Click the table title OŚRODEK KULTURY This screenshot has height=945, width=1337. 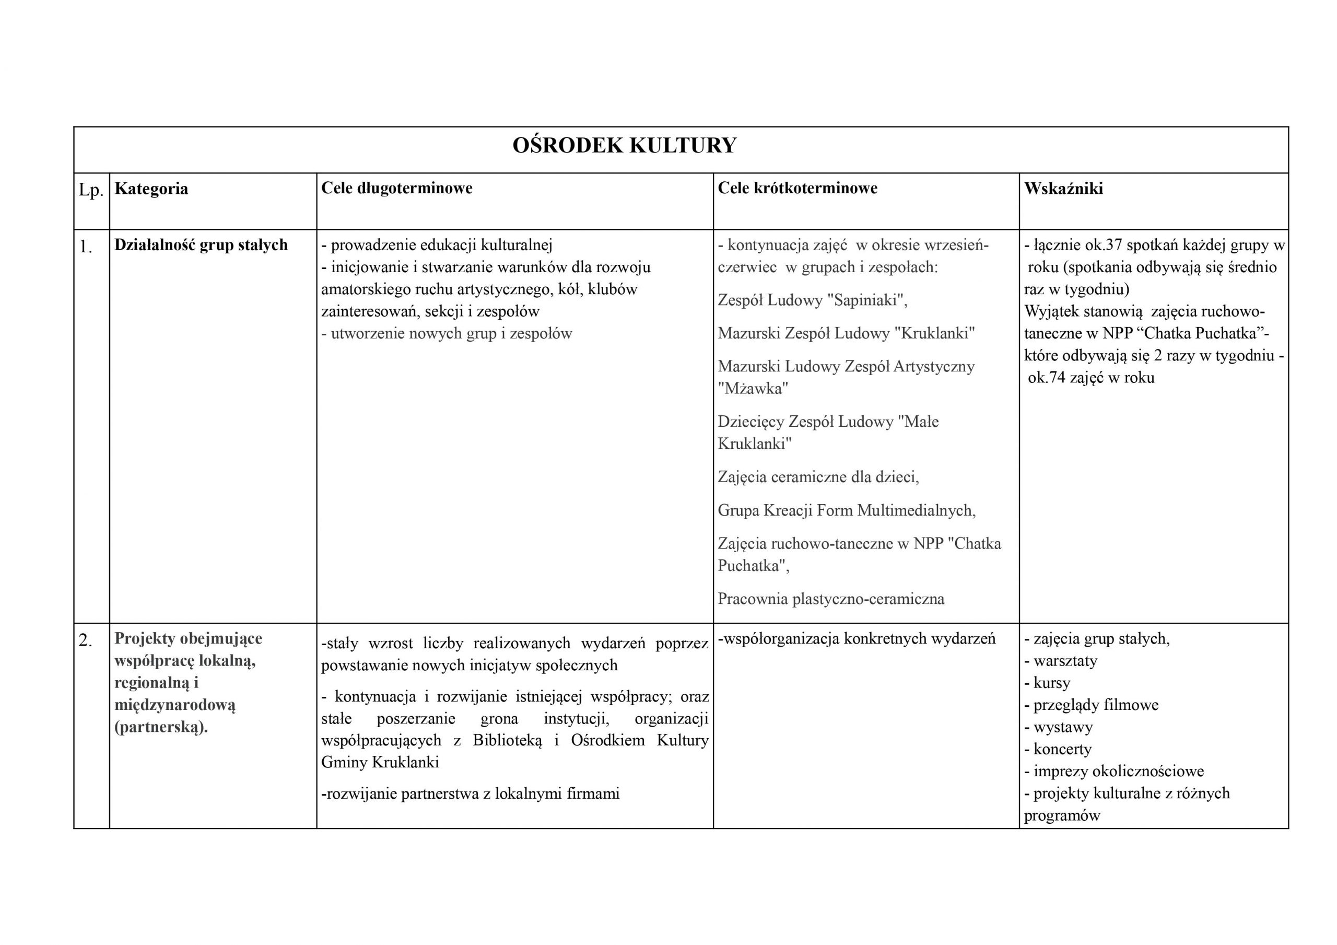[x=624, y=146]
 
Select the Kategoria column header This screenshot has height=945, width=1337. [x=151, y=189]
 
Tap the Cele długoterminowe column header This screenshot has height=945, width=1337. [x=396, y=188]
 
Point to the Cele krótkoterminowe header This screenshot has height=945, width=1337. [x=797, y=188]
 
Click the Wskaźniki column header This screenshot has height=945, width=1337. [x=1063, y=189]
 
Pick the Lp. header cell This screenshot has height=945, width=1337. [x=91, y=190]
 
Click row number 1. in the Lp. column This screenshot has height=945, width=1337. [x=86, y=247]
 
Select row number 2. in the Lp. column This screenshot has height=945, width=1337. [x=86, y=640]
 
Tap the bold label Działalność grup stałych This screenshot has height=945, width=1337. [x=201, y=244]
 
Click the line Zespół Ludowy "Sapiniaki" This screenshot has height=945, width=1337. [x=812, y=300]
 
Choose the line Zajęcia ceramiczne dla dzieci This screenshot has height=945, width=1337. [x=818, y=477]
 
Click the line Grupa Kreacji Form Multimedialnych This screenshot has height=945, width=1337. [x=846, y=510]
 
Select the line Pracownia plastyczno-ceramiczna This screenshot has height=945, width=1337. [x=831, y=599]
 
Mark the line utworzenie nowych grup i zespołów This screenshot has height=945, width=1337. [x=447, y=334]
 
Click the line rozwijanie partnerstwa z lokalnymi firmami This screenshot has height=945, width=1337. [x=471, y=794]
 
